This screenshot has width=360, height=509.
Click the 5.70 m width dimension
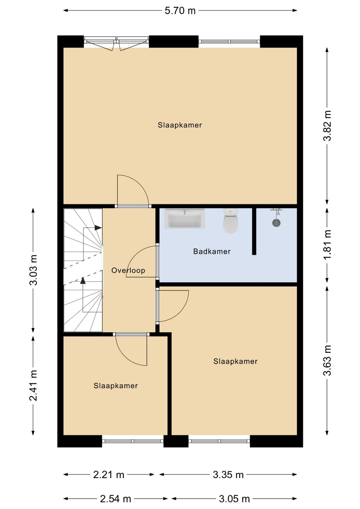click(x=180, y=11)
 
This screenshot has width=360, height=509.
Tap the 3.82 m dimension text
click(x=327, y=126)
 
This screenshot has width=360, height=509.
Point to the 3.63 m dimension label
click(x=327, y=360)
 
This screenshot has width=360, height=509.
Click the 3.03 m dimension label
click(x=34, y=270)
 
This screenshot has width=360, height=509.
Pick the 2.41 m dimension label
click(x=34, y=385)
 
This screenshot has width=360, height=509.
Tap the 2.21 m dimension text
click(x=109, y=475)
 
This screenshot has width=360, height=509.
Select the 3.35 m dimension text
click(x=228, y=475)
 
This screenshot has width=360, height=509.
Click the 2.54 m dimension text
click(x=116, y=499)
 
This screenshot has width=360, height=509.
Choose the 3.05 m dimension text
click(x=234, y=499)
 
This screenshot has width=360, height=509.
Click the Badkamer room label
click(x=212, y=251)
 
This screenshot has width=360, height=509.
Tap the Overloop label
click(x=128, y=270)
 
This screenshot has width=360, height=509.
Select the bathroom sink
click(x=184, y=219)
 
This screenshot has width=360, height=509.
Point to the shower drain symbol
click(x=276, y=223)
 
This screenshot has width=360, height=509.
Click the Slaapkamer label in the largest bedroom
click(x=180, y=125)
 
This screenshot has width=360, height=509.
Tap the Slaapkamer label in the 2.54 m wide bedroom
click(x=115, y=386)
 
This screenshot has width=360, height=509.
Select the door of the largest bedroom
click(x=133, y=190)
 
